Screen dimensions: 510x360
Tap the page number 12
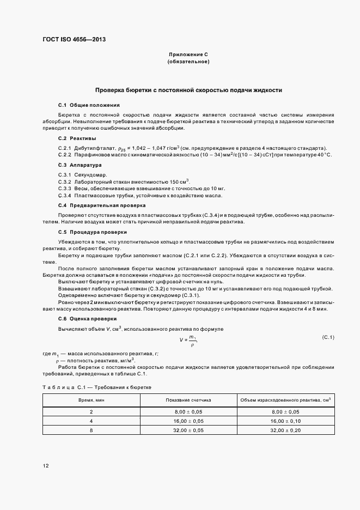pyautogui.click(x=46, y=465)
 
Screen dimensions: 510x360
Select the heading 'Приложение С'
pyautogui.click(x=188, y=55)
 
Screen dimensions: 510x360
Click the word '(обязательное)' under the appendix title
pyautogui.click(x=188, y=62)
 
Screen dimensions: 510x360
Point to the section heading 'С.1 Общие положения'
pyautogui.click(x=88, y=104)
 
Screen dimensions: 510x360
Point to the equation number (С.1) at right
pyautogui.click(x=328, y=338)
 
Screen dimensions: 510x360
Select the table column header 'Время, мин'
pyautogui.click(x=91, y=400)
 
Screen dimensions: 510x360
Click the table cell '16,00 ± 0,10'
pyautogui.click(x=285, y=421)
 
